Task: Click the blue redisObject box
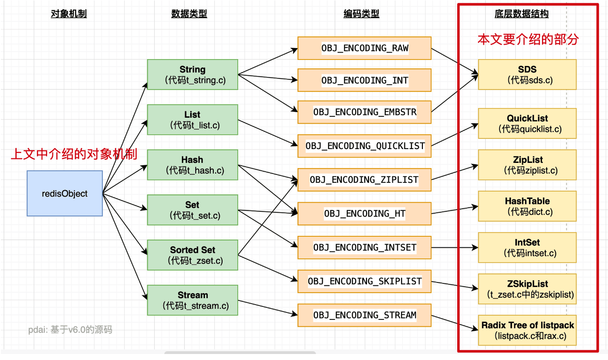pos(65,193)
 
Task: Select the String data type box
pos(193,74)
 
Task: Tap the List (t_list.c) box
pos(193,120)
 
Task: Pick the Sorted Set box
pos(193,255)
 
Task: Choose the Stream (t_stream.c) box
pos(193,300)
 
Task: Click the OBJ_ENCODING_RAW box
pos(364,48)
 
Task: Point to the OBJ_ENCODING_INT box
pos(364,80)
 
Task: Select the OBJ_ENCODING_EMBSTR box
pos(364,112)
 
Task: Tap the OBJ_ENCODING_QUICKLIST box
pos(364,146)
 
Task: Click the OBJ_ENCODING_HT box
pos(364,213)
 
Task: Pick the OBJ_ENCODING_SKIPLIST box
pos(364,281)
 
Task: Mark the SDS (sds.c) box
pos(527,74)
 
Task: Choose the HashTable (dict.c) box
pos(527,206)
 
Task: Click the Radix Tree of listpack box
pos(527,330)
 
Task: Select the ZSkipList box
pos(527,289)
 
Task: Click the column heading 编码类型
pos(361,14)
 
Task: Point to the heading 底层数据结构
pos(521,14)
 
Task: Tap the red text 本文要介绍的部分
pos(528,39)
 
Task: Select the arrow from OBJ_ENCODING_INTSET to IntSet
pos(455,247)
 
